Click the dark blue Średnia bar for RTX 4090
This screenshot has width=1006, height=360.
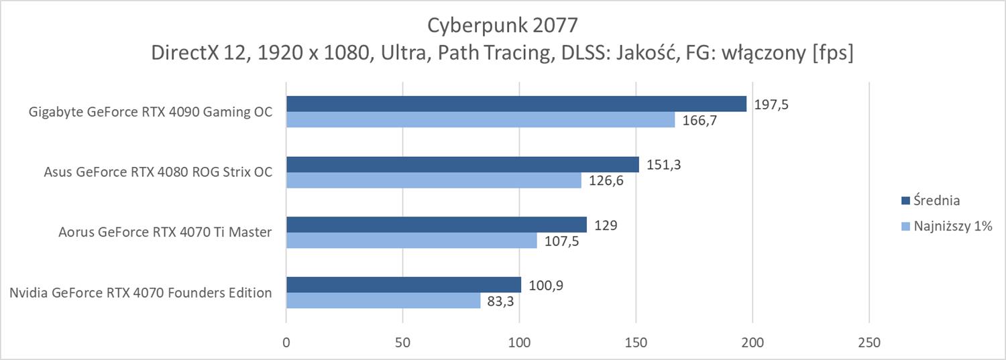coord(516,104)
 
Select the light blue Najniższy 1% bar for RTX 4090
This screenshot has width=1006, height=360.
coord(480,119)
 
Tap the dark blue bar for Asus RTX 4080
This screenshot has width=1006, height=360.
coord(463,165)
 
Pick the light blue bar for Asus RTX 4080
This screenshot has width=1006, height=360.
coord(434,180)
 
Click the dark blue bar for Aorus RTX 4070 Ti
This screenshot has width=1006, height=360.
coord(437,225)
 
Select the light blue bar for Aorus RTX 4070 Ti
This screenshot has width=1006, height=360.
coord(412,240)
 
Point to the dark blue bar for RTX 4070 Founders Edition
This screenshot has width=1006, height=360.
coord(404,285)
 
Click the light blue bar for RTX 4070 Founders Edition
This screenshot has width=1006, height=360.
coord(384,300)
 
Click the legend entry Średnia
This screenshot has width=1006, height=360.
coord(937,200)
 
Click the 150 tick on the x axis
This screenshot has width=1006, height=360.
coord(636,342)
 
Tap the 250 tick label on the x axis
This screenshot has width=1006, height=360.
coord(869,342)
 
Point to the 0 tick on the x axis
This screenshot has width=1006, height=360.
coord(286,342)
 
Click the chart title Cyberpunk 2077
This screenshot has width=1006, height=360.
coord(502,25)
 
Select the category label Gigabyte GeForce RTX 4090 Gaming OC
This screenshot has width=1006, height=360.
coord(151,112)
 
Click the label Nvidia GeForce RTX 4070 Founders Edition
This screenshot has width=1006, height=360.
coord(141,293)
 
